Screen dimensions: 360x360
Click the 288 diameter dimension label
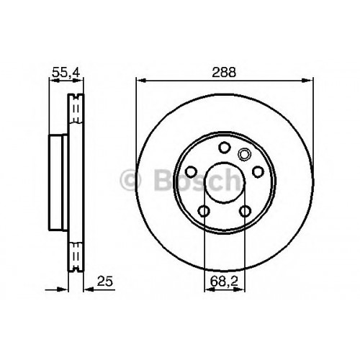coord(224,72)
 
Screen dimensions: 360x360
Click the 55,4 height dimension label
coord(66,72)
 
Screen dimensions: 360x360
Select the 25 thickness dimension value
coord(105,282)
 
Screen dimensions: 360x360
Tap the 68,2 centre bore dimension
coord(224,282)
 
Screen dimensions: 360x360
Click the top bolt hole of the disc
coord(225,148)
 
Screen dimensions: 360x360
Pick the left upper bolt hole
coord(192,172)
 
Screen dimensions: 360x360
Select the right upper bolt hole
coord(258,172)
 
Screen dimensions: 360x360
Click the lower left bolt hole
coord(204,211)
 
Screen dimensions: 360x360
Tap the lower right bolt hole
coord(246,211)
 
